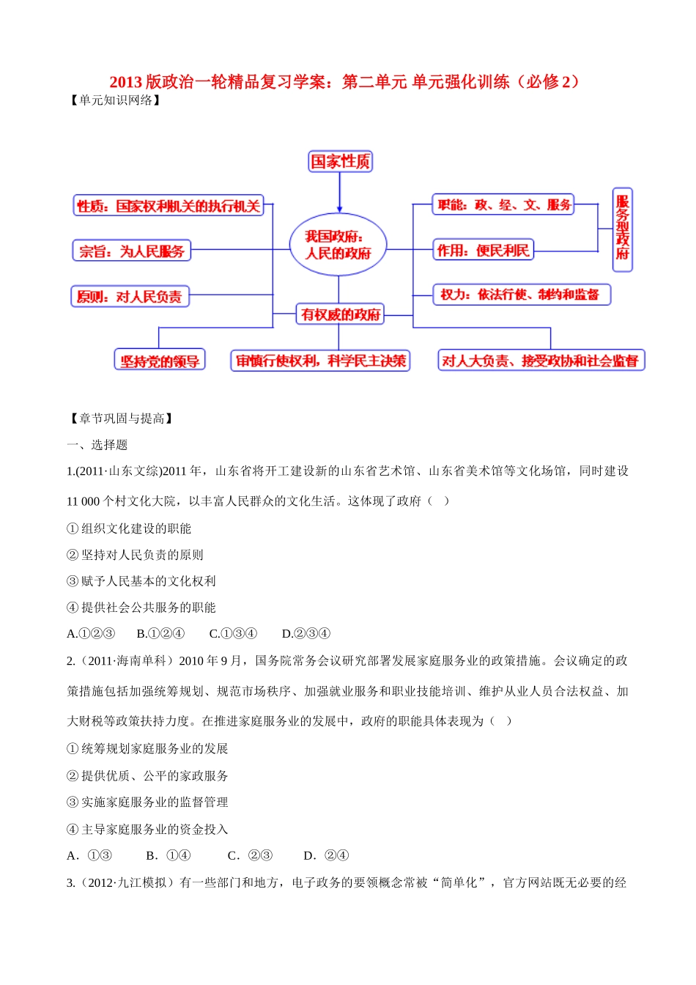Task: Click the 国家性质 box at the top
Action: coord(340,161)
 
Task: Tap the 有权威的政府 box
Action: coord(340,314)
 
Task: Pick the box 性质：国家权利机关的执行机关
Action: coord(169,206)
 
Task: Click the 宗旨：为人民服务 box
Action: coord(131,251)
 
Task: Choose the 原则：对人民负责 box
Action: coord(130,296)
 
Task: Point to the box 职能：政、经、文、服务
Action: coord(503,204)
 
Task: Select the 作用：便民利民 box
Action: coord(483,250)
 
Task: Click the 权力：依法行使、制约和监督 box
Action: coord(521,295)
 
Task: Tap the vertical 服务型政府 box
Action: coord(622,229)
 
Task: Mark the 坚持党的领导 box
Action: coord(160,361)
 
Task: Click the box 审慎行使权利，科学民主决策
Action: coord(320,361)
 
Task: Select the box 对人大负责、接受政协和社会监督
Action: coord(541,361)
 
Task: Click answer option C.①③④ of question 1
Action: coord(233,634)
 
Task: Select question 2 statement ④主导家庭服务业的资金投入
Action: coord(147,829)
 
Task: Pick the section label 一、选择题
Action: coord(97,445)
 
